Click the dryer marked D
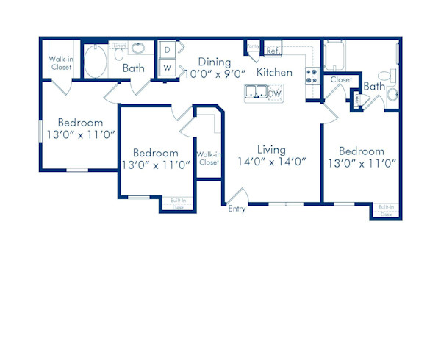167,50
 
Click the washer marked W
167,68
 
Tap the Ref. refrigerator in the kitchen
273,51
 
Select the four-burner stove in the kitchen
311,75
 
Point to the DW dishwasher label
275,93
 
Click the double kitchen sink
256,92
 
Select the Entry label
237,209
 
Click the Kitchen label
274,72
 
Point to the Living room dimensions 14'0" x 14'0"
271,161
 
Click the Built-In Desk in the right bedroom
387,210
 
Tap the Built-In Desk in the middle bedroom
178,204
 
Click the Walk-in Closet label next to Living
209,158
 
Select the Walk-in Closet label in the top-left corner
60,62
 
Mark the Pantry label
254,46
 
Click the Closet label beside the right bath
341,79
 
